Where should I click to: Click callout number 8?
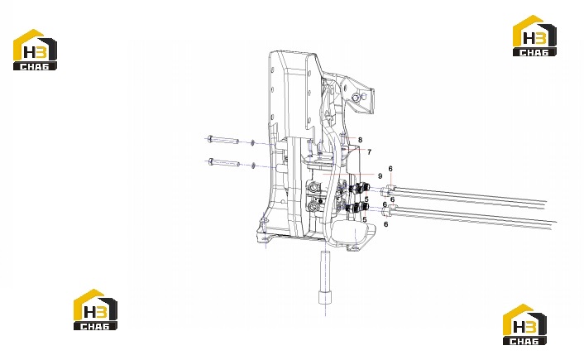[360, 140]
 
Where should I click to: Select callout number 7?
[369, 152]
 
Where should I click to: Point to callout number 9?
[380, 176]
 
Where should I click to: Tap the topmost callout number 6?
[390, 169]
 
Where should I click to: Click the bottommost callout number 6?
[385, 224]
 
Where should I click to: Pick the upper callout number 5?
[366, 199]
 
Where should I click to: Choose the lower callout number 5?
[365, 220]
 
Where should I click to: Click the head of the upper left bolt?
[210, 139]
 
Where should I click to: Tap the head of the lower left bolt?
[211, 161]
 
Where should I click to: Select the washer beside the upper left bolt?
[252, 142]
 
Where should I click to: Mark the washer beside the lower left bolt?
[252, 165]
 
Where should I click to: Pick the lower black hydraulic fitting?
[356, 208]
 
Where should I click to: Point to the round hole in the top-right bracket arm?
[357, 97]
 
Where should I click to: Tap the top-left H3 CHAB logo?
[35, 50]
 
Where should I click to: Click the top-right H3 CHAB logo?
[534, 36]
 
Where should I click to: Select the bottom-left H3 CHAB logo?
[95, 310]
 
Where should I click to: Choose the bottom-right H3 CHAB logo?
[524, 324]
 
